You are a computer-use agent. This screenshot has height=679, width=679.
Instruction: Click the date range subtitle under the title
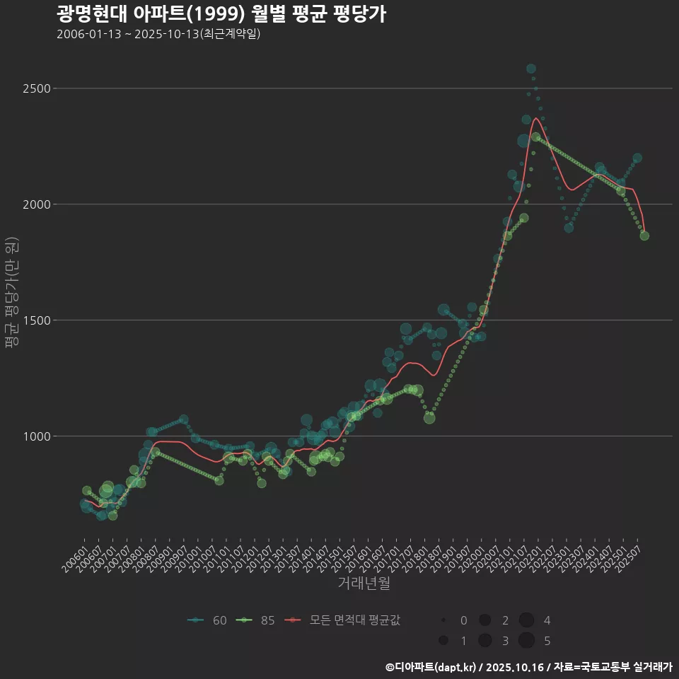point(158,34)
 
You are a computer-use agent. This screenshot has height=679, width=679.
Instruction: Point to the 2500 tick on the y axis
point(35,88)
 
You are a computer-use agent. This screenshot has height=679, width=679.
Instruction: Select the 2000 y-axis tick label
point(35,204)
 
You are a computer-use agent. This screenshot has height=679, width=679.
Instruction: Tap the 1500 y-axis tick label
point(35,320)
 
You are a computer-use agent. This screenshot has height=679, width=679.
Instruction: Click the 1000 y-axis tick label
point(35,436)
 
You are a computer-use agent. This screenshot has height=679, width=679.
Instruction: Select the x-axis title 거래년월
point(364,584)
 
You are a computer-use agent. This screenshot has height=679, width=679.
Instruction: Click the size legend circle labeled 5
point(526,641)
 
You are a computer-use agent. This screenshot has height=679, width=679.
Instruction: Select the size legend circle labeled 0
point(443,620)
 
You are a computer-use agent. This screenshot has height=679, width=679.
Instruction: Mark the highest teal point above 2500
point(531,69)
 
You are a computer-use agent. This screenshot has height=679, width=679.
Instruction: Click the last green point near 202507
point(644,236)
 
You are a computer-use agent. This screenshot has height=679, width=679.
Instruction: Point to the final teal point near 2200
point(637,158)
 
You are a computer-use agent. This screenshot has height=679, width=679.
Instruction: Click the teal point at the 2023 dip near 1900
point(569,228)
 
